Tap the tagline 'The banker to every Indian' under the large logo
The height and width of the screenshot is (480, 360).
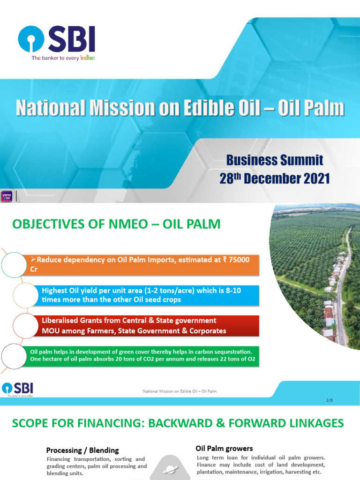click(63, 58)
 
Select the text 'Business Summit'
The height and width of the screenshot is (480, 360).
click(275, 160)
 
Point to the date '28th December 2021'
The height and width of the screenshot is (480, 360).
click(275, 179)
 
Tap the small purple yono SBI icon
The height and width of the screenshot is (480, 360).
click(7, 196)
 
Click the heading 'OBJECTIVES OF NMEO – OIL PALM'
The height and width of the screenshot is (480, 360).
click(116, 224)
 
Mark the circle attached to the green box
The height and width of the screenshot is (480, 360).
click(14, 356)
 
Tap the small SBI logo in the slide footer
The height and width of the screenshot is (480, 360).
click(18, 389)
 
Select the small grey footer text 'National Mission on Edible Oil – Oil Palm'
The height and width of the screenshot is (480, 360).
click(180, 390)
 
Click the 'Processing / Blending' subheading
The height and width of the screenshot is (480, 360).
click(82, 450)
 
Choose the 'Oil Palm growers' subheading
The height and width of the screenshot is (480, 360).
click(224, 449)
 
